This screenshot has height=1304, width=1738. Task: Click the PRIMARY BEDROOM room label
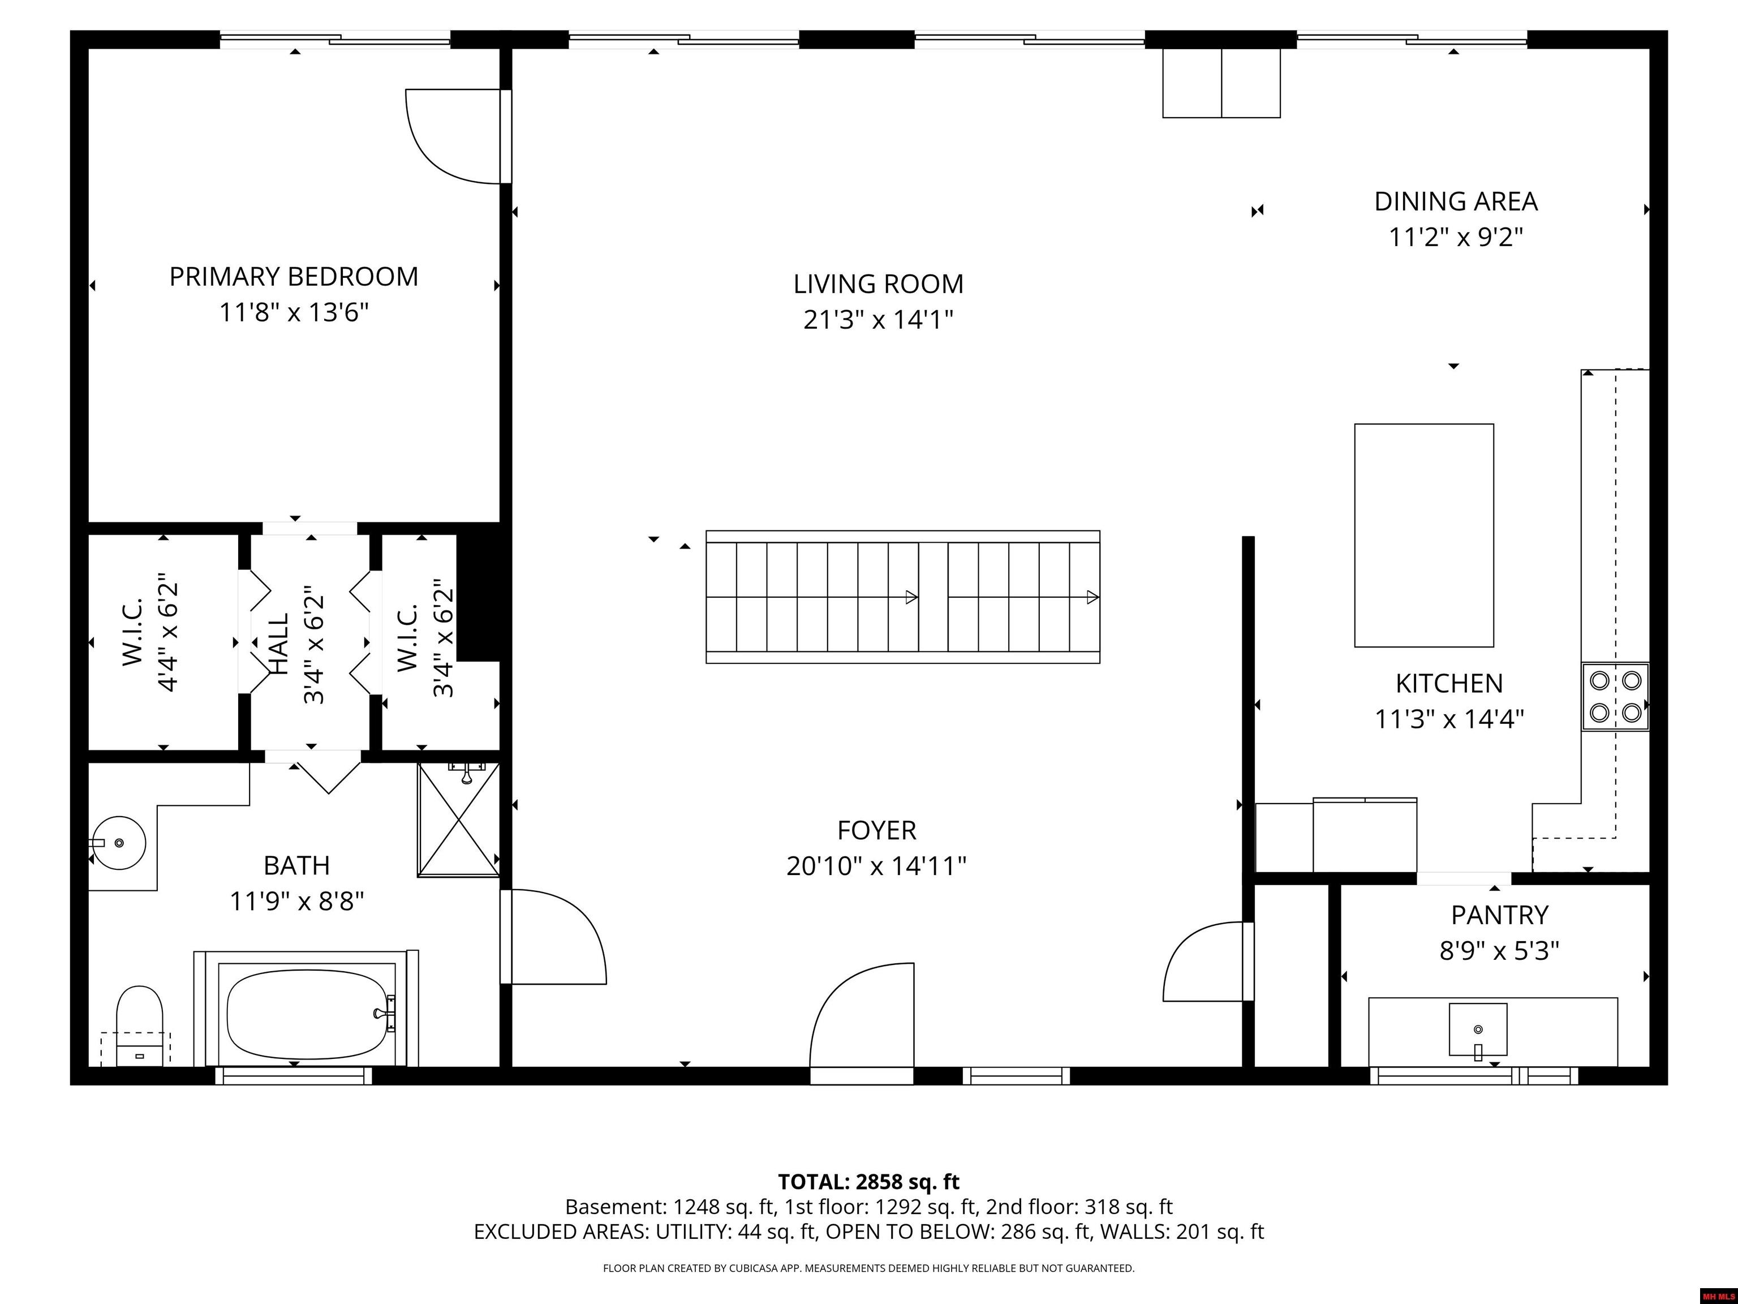294,277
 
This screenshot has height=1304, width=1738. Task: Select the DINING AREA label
1456,201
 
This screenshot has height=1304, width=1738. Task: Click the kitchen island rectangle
1423,535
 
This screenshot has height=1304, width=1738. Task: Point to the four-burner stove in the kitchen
1615,696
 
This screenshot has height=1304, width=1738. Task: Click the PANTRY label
1499,915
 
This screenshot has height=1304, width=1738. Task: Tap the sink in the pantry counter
1478,1030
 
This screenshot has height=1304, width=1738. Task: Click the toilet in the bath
139,1026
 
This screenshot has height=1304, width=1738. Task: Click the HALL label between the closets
279,643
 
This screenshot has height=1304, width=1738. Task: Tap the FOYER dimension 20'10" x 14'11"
876,866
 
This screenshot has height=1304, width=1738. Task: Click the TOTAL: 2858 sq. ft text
869,1181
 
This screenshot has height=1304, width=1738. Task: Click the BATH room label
296,865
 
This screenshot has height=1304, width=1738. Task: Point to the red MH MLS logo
1718,1296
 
